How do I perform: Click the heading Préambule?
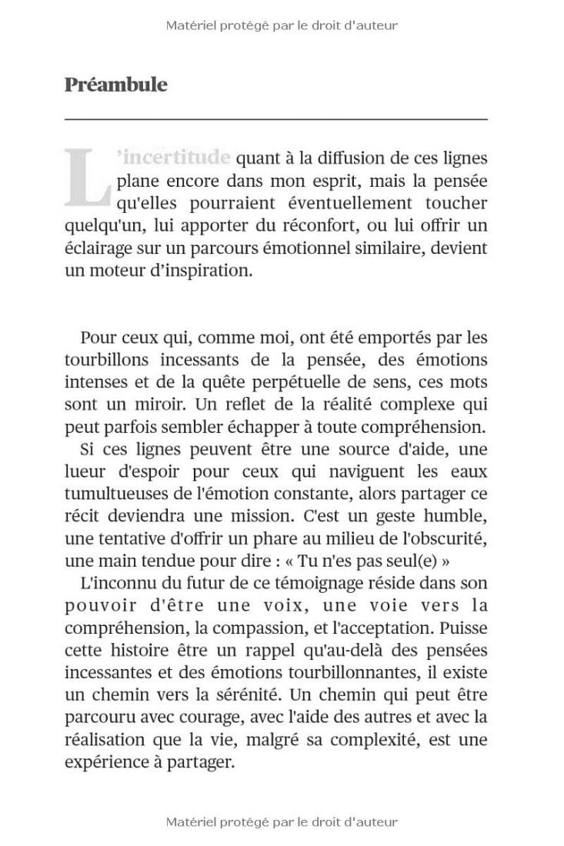(115, 85)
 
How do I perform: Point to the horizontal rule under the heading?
(275, 120)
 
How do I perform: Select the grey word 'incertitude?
(174, 158)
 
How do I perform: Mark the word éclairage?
(99, 248)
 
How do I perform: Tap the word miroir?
(162, 405)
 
